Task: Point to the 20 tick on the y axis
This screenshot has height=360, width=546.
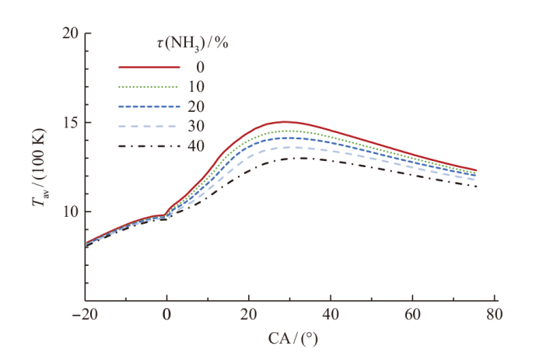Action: (x=69, y=33)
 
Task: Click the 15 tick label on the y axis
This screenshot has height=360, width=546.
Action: (x=69, y=123)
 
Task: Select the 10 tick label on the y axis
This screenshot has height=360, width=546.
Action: (x=69, y=211)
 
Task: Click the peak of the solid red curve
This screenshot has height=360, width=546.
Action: (x=285, y=121)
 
